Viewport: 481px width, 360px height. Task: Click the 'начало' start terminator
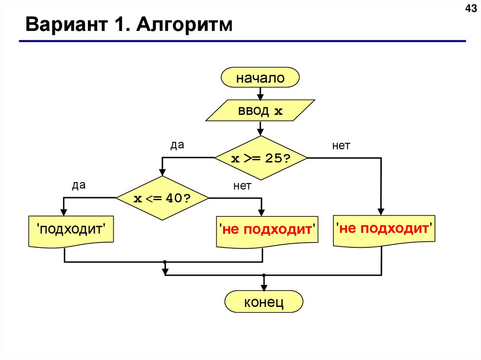coord(260,78)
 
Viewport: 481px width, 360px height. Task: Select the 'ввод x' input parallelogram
coord(260,111)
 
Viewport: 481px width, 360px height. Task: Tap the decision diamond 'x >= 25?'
coord(261,158)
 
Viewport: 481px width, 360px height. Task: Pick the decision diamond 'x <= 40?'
coord(162,198)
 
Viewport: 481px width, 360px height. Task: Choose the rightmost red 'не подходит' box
coord(384,229)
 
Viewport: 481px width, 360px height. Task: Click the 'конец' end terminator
coord(264,302)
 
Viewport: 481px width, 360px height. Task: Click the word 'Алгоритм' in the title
coord(185,24)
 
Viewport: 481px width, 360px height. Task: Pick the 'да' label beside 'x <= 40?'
coord(78,185)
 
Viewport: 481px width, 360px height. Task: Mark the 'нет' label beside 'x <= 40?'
coord(242,186)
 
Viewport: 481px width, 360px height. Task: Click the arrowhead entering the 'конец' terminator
coord(264,287)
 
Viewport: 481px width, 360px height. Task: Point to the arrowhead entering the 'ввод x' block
coord(260,97)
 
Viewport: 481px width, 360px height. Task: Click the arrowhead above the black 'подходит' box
coord(64,212)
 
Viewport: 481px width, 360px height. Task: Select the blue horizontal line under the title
coord(242,41)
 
